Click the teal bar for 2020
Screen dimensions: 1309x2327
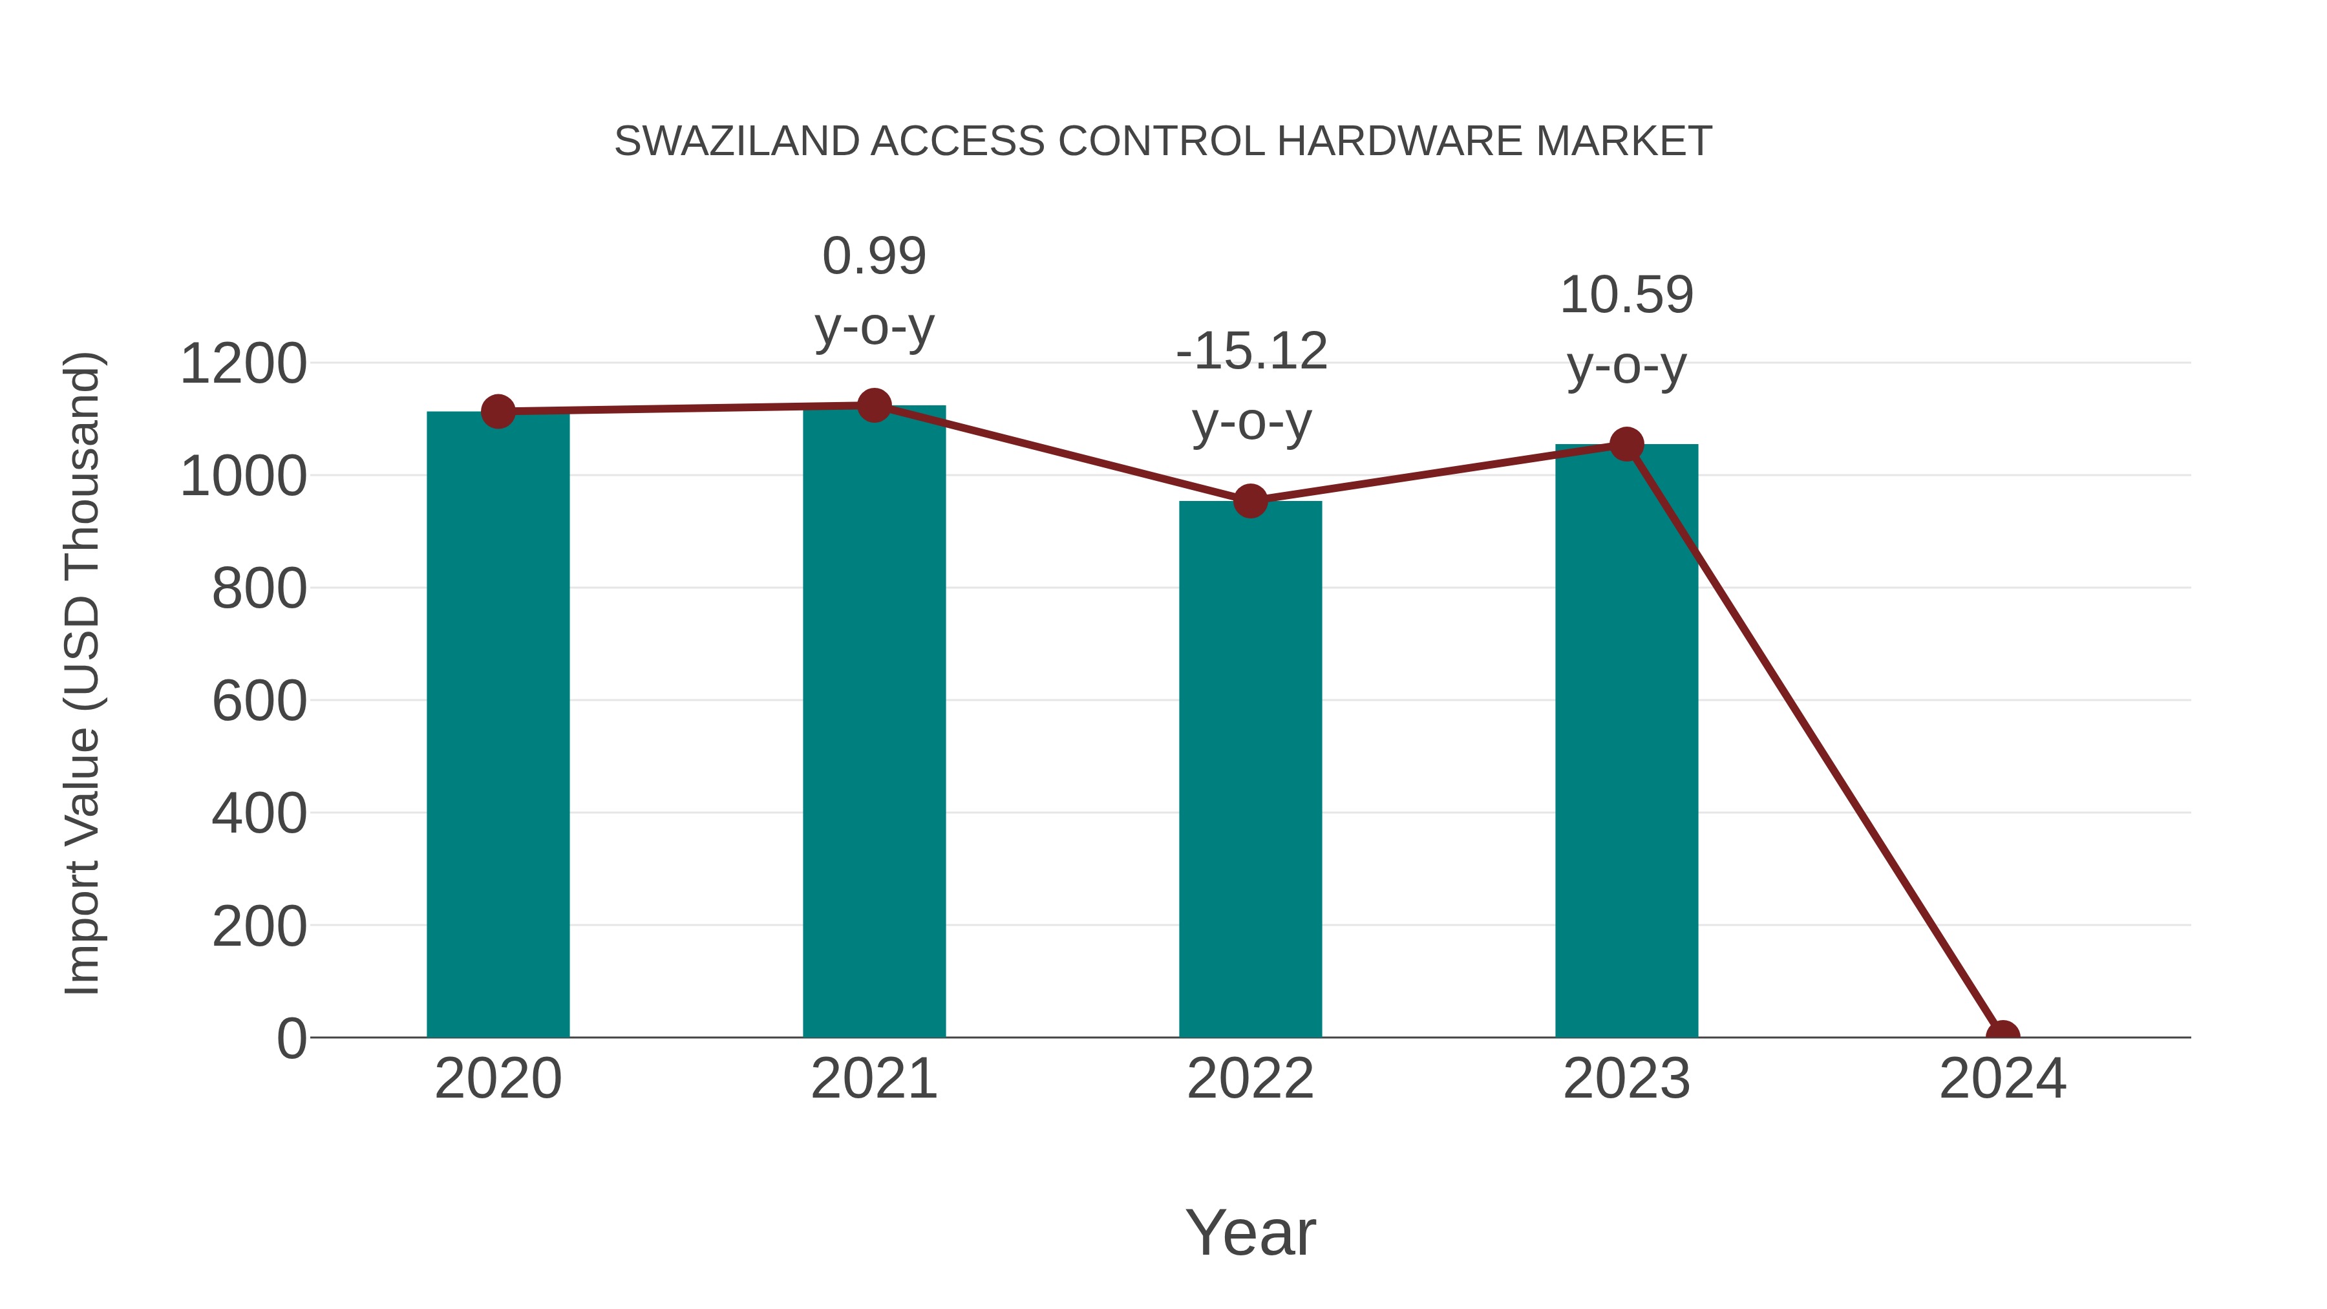(x=498, y=723)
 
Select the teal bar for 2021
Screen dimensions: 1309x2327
(x=873, y=723)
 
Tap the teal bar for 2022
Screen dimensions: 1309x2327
(x=1250, y=768)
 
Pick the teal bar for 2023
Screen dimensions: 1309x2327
(x=1626, y=741)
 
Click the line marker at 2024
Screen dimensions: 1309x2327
(x=2003, y=1036)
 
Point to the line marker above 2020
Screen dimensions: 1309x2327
(x=498, y=412)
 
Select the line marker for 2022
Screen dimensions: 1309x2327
(x=1250, y=500)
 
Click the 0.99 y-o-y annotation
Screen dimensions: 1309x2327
(x=873, y=291)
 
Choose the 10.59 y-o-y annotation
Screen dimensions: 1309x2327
(x=1626, y=330)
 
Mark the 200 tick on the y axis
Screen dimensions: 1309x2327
(x=259, y=927)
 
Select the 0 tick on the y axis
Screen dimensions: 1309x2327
(x=291, y=1039)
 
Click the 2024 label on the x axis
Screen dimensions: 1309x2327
(x=2003, y=1079)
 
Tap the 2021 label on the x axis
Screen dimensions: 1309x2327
(x=873, y=1079)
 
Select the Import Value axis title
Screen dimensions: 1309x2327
(x=83, y=673)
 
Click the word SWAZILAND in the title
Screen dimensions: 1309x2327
(x=736, y=142)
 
